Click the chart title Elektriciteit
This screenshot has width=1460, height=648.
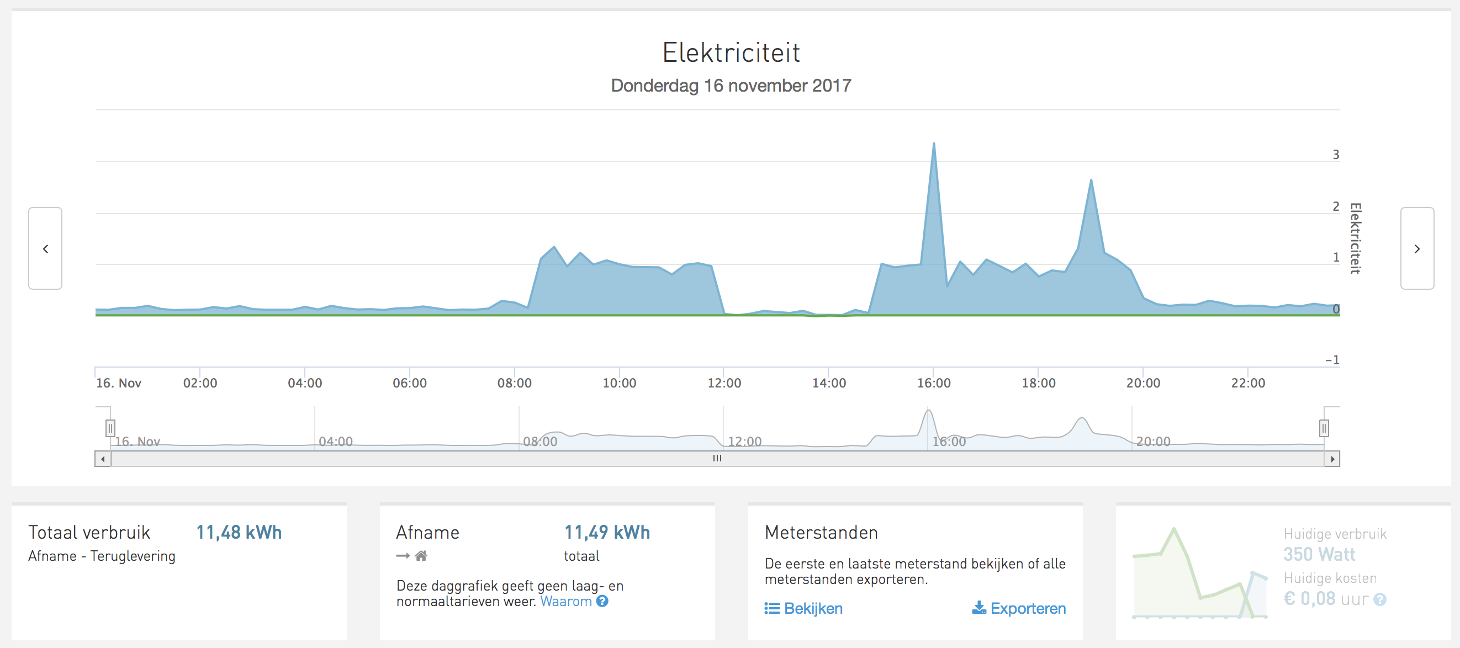click(x=731, y=52)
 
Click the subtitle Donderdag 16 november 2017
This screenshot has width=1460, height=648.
click(x=731, y=86)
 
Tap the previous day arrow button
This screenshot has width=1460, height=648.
click(x=45, y=249)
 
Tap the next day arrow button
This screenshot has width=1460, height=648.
click(x=1416, y=249)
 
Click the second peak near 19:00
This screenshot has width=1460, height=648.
click(x=1091, y=181)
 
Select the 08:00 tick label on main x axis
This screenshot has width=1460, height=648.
click(x=514, y=383)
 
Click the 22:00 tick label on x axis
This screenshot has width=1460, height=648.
click(x=1247, y=383)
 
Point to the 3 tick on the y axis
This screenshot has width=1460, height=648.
click(x=1335, y=155)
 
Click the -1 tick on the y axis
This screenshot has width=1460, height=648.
click(x=1332, y=360)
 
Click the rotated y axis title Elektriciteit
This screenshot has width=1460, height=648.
click(x=1355, y=238)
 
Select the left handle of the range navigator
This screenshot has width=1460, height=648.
click(x=110, y=428)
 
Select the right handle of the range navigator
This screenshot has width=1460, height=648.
click(x=1324, y=428)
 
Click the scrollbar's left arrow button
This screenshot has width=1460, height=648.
click(x=103, y=459)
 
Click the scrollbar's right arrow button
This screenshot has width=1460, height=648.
click(x=1332, y=459)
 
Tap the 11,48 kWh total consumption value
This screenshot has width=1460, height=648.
click(x=239, y=533)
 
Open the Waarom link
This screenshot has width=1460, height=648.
click(x=565, y=602)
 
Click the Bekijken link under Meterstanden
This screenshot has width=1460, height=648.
click(x=812, y=608)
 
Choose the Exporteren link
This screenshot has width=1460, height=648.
click(x=1027, y=608)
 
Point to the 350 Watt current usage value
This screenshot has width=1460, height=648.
click(x=1319, y=554)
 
